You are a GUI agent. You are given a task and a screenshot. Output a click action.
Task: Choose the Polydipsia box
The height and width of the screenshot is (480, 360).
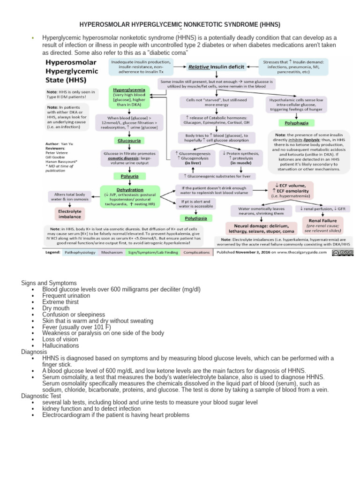coord(195,218)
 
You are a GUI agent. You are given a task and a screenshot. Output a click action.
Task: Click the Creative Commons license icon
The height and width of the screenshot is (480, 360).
coord(342,253)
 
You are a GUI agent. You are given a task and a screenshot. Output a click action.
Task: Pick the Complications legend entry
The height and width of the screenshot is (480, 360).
coord(196,252)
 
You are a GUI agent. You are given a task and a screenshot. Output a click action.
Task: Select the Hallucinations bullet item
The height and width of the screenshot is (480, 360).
coord(60,345)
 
